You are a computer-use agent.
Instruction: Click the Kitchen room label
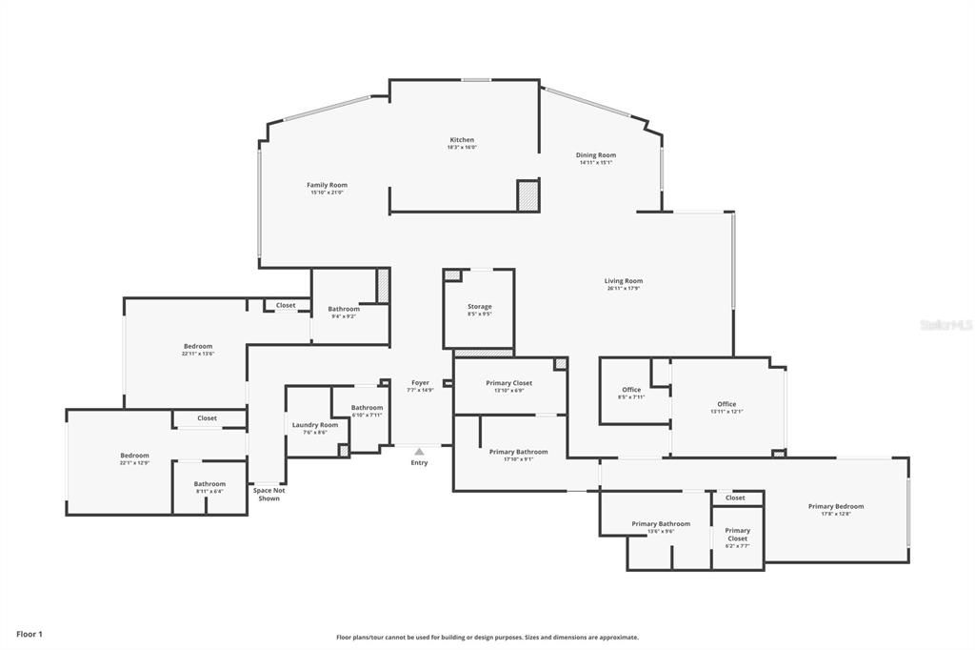tap(462, 140)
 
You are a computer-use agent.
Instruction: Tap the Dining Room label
tap(596, 155)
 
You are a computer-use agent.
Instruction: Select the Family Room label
tap(327, 185)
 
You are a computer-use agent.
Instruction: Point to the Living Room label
tap(624, 281)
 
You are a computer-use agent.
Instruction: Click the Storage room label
tap(479, 307)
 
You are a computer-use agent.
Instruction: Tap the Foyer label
tap(420, 383)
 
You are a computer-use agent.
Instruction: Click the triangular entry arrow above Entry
tap(419, 452)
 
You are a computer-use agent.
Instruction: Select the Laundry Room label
tap(315, 425)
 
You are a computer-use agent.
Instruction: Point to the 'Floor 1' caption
tap(30, 634)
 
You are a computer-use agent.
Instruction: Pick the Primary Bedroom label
tap(836, 506)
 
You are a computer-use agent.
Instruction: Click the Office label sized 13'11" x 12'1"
tap(726, 404)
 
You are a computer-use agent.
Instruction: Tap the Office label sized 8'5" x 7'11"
tap(631, 389)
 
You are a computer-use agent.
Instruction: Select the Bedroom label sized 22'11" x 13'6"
tap(198, 346)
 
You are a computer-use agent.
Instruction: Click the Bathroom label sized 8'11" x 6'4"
tap(209, 484)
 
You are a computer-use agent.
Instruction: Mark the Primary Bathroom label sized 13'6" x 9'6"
tap(661, 523)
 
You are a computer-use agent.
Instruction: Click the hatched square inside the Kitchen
tap(528, 195)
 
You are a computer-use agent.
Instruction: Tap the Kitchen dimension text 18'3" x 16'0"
tap(462, 148)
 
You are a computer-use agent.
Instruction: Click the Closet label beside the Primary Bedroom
tap(735, 498)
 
